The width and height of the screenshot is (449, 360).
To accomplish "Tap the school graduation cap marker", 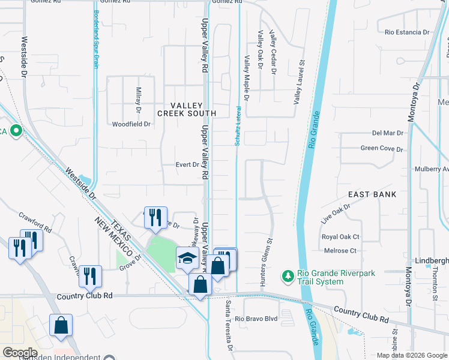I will pyautogui.click(x=187, y=258).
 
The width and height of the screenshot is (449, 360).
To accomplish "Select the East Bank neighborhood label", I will pyautogui.click(x=373, y=194).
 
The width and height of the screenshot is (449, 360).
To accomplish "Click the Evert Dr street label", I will pyautogui.click(x=187, y=164).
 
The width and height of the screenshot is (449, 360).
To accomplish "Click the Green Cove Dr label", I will pyautogui.click(x=380, y=148).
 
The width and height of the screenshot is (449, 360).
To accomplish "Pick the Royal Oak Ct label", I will pyautogui.click(x=340, y=237).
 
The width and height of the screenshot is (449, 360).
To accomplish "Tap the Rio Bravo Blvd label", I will pyautogui.click(x=256, y=319).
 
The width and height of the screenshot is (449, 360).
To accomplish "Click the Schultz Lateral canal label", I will pyautogui.click(x=238, y=126).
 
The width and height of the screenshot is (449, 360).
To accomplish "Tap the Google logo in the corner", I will pyautogui.click(x=19, y=353).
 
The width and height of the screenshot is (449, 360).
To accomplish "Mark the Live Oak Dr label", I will pyautogui.click(x=335, y=214).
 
